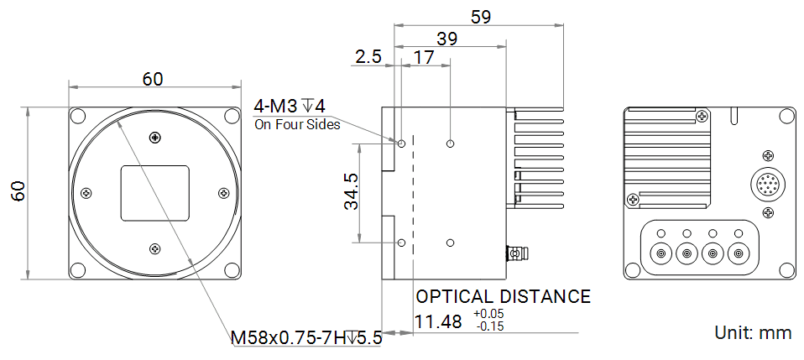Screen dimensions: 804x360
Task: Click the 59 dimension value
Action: (480, 17)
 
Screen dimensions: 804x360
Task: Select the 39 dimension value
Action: (446, 39)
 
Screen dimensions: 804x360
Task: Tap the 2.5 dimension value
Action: (368, 56)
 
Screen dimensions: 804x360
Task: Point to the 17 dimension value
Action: (424, 57)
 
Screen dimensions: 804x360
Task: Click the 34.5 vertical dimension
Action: (352, 191)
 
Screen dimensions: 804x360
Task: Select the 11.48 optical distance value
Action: (438, 322)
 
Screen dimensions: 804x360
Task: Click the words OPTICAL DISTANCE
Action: (503, 296)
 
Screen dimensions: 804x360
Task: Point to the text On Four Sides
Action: (297, 124)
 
